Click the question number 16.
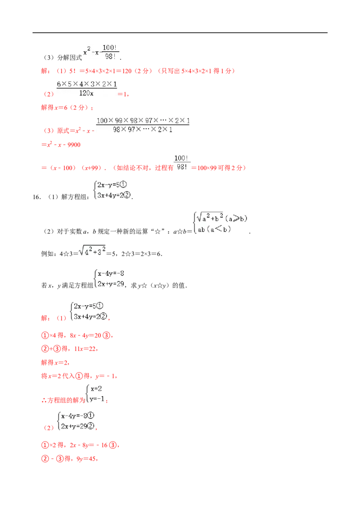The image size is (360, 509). coord(36,197)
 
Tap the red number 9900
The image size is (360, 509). coord(74,145)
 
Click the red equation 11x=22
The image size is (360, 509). coord(85,349)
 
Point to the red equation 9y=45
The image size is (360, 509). coord(86,459)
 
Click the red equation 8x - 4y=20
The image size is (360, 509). coord(85,335)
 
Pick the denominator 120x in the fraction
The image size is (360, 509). coord(86,93)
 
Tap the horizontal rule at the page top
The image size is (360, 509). coord(180,33)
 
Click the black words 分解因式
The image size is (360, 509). coord(70,58)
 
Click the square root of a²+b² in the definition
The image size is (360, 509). coord(210,217)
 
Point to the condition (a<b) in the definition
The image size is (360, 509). coord(219,229)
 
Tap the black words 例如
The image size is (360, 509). coord(47,254)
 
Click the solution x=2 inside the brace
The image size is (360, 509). coord(96,388)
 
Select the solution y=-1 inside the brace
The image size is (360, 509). coord(97,399)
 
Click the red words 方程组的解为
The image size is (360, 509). coord(66,400)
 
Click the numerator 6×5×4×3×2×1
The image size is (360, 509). coord(87,84)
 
